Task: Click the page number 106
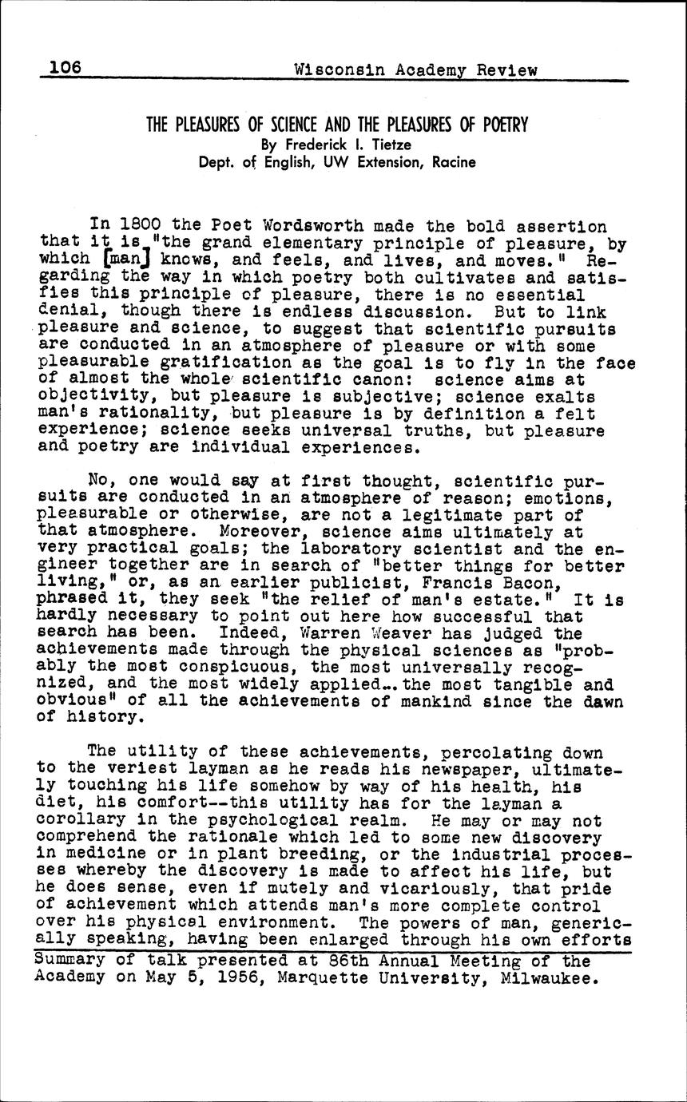66,68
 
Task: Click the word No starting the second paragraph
99,482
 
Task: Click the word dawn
602,702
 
